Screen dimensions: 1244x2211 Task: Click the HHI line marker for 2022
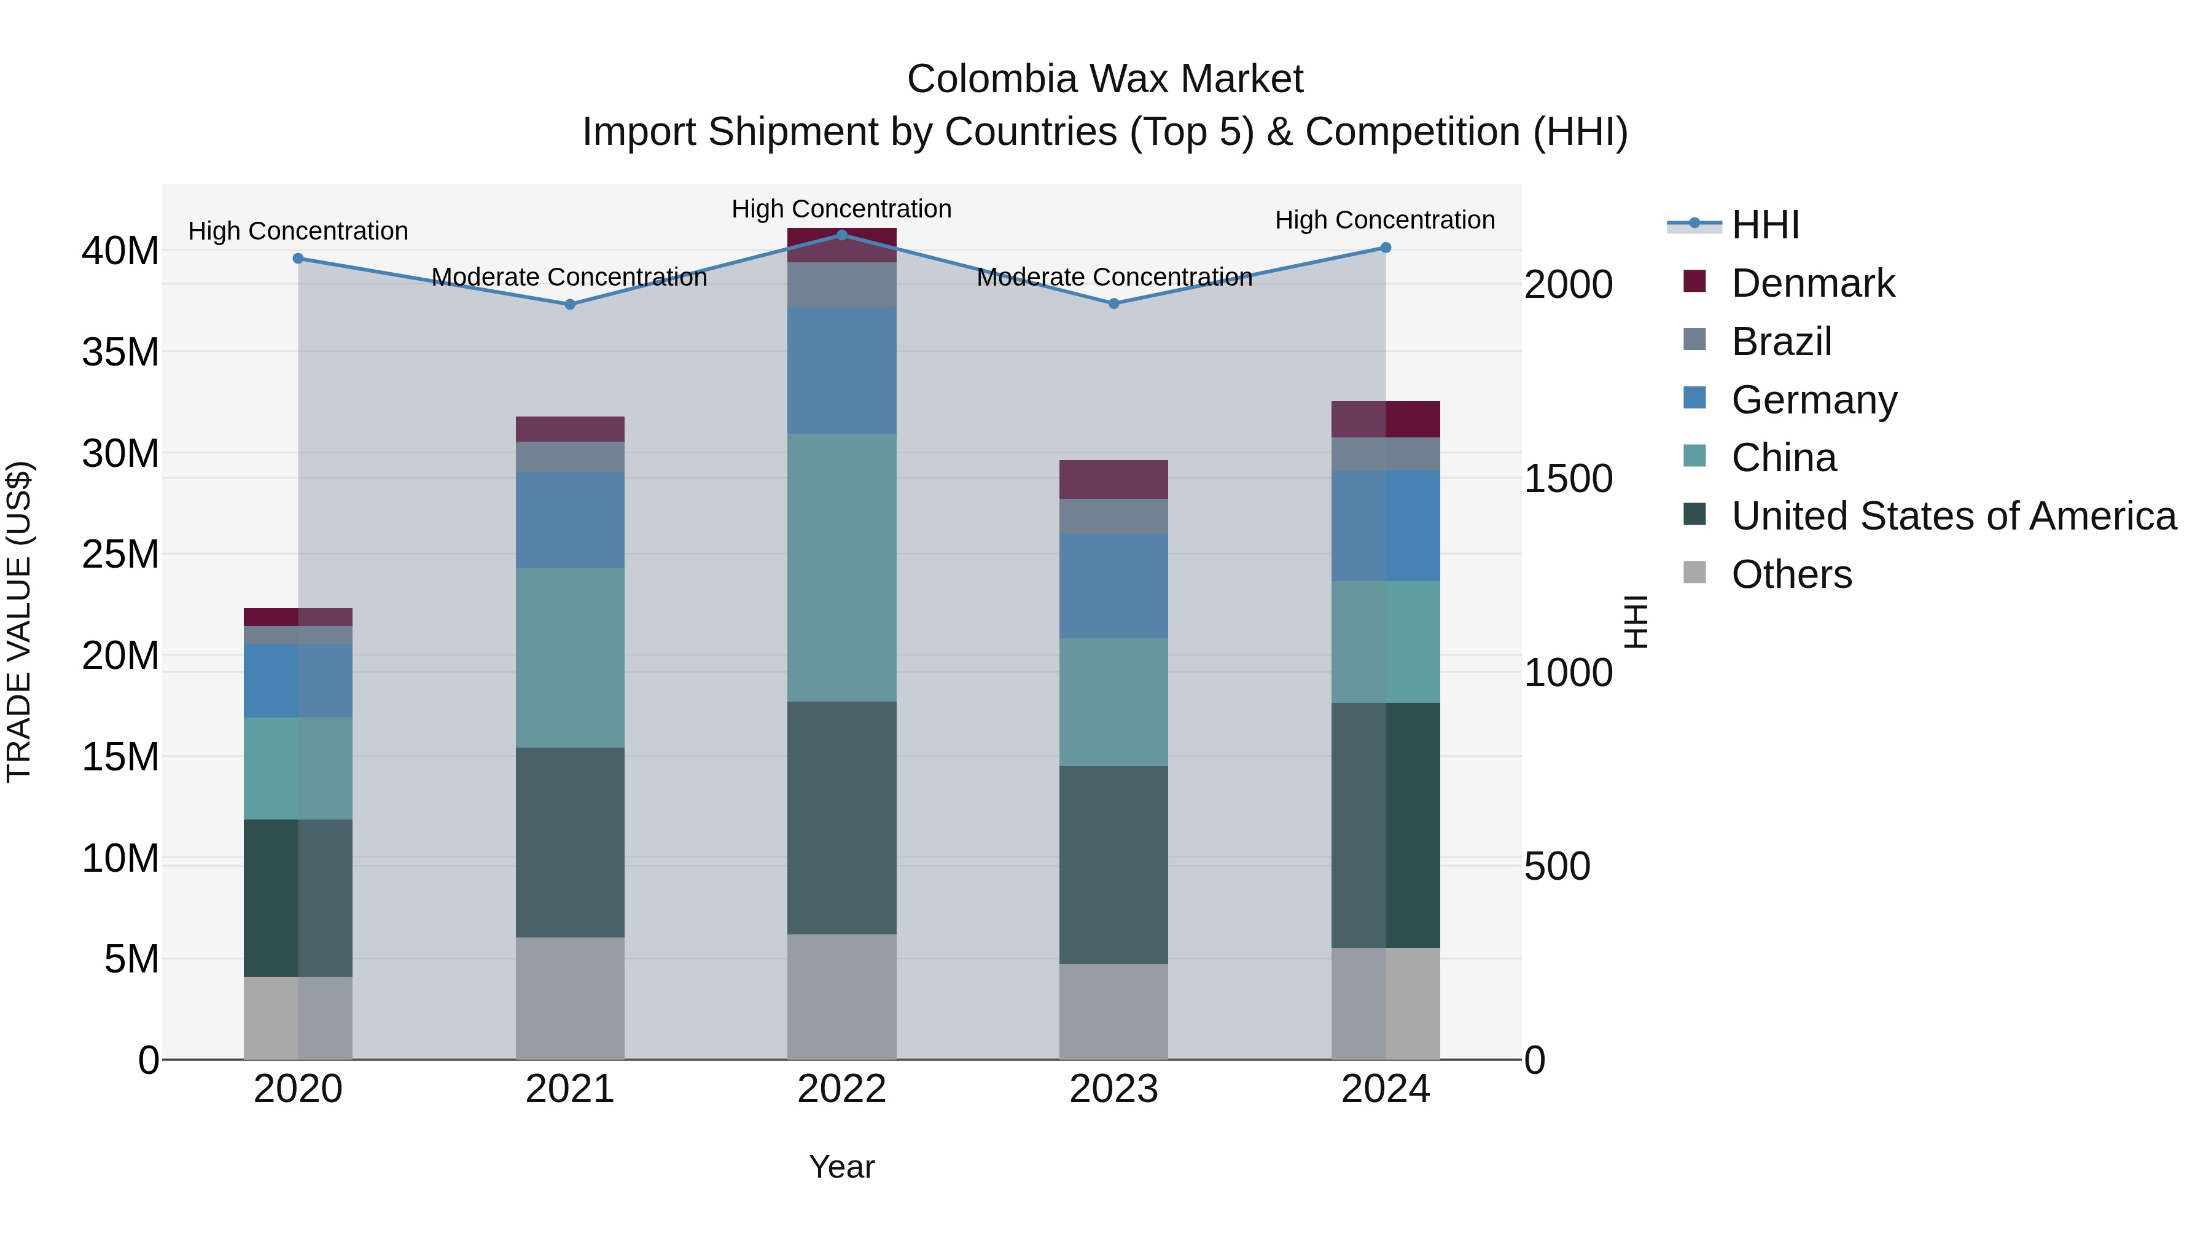pyautogui.click(x=841, y=235)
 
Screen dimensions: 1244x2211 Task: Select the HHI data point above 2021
pyautogui.click(x=570, y=304)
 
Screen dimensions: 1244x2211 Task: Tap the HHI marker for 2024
pyautogui.click(x=1386, y=247)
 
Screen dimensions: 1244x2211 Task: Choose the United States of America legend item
pyautogui.click(x=1954, y=516)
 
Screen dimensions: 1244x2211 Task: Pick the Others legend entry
pyautogui.click(x=1792, y=574)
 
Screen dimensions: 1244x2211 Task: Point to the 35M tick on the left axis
pyautogui.click(x=120, y=352)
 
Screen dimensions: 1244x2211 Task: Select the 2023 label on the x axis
pyautogui.click(x=1113, y=1089)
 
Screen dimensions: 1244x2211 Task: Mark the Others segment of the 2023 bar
pyautogui.click(x=1113, y=1011)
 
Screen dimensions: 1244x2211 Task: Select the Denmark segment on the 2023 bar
pyautogui.click(x=1113, y=479)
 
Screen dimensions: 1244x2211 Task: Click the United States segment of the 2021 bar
pyautogui.click(x=570, y=842)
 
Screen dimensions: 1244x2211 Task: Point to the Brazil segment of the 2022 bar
pyautogui.click(x=841, y=285)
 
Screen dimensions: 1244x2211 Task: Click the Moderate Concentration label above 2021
pyautogui.click(x=569, y=277)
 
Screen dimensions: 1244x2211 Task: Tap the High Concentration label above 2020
pyautogui.click(x=298, y=231)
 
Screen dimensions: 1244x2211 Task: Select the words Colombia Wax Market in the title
pyautogui.click(x=1105, y=79)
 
